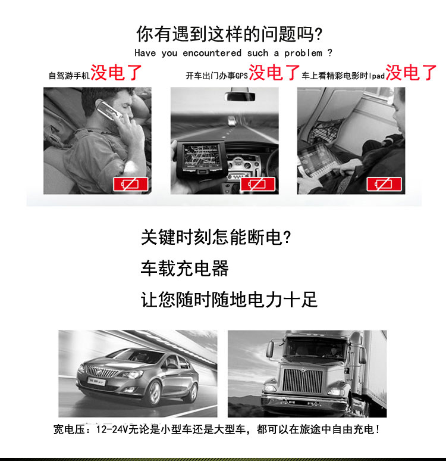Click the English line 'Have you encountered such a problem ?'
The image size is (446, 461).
click(233, 53)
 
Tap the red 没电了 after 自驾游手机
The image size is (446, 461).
click(117, 74)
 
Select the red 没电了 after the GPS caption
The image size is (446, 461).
click(275, 74)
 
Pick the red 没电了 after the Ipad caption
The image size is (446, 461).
click(411, 74)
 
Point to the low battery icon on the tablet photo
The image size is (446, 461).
click(384, 183)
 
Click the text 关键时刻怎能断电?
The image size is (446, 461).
click(216, 238)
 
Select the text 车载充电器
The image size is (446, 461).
click(184, 269)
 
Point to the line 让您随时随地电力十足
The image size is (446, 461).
click(229, 299)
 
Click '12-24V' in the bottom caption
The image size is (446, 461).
click(106, 429)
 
